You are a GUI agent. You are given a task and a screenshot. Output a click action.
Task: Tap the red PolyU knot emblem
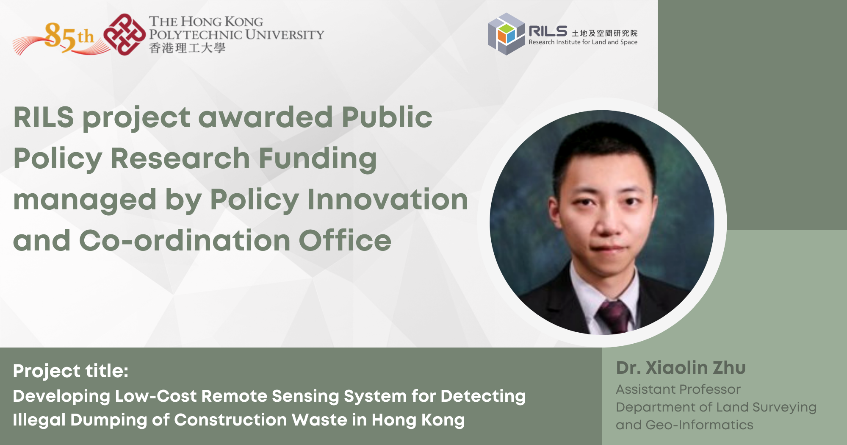click(x=125, y=34)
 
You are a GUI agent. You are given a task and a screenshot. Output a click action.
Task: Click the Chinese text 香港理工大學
click(x=187, y=48)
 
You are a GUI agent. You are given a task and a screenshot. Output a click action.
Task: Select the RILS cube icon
click(x=506, y=34)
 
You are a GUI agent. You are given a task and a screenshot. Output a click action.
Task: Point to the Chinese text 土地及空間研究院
click(x=604, y=33)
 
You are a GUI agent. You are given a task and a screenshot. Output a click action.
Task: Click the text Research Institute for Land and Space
click(x=583, y=42)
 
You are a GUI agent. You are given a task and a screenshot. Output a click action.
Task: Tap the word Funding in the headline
click(x=318, y=159)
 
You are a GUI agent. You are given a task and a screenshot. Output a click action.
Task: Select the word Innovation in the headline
click(x=388, y=200)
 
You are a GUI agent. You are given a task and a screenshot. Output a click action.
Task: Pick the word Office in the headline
click(x=345, y=240)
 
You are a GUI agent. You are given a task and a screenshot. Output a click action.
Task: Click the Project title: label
click(x=71, y=371)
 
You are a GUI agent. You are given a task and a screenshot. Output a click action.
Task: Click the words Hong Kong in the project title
click(x=418, y=420)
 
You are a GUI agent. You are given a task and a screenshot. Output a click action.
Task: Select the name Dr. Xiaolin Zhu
click(x=681, y=368)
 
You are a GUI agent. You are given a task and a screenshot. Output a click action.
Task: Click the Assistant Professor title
click(x=678, y=389)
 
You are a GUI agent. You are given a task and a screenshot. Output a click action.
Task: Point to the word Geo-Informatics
click(x=699, y=425)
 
